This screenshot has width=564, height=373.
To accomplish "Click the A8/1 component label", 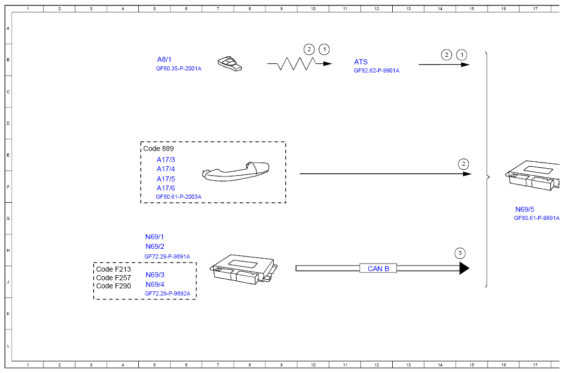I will coord(164,59).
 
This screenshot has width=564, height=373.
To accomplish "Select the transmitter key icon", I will coord(230,64).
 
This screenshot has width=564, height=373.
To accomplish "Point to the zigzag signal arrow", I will coord(298,64).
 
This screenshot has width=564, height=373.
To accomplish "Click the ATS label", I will coord(361,62).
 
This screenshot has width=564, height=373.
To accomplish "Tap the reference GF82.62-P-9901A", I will coord(376,71).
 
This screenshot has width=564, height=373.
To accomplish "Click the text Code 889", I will coord(158,148).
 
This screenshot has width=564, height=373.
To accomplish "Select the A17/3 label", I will coord(166,160).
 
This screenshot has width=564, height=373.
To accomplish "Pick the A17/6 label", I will coord(166,188).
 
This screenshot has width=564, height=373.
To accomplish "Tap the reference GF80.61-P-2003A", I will coord(178,197).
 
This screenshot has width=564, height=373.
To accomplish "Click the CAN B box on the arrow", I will coord(378,268).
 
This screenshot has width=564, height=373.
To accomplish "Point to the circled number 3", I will coord(460,253).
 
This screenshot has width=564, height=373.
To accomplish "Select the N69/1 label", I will coord(155,237).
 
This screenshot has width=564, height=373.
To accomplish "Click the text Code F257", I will coord(114,278).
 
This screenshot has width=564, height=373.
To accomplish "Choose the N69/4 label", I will coord(155,284).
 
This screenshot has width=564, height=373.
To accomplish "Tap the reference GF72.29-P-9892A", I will coord(167,293).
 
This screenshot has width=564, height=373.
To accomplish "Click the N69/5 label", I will coord(524,209).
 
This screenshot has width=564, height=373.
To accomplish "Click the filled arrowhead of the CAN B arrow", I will coord(464,268).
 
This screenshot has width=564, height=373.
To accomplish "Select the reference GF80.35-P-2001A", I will coord(178,68).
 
